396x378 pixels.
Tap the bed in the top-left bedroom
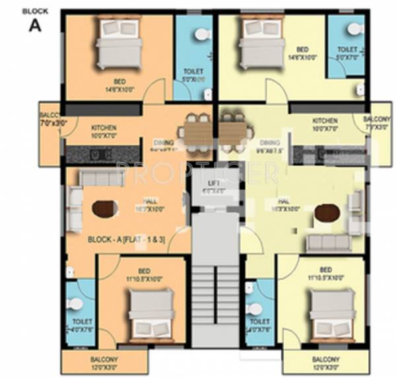119,42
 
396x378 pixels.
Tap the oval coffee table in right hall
327,213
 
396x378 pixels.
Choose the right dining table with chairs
233,132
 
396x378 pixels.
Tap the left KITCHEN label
104,126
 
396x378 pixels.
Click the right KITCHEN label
325,121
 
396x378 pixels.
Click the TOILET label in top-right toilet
347,50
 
